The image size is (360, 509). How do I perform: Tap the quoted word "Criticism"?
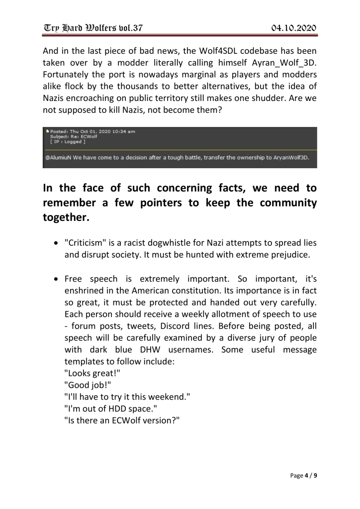(86, 243)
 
